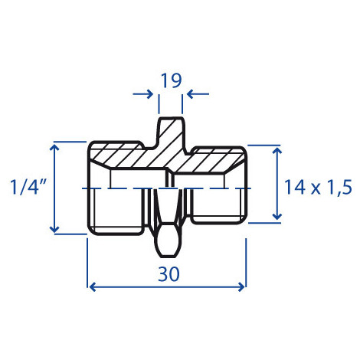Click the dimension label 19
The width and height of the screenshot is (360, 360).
click(x=171, y=80)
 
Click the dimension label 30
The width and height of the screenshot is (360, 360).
click(x=169, y=274)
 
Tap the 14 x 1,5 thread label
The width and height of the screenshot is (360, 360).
click(x=318, y=187)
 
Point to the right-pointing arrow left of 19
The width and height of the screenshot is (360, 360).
click(x=143, y=94)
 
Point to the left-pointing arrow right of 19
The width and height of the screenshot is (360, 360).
click(x=198, y=94)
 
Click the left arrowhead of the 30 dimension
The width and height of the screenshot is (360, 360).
click(x=93, y=287)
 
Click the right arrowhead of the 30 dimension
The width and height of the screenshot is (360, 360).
click(x=241, y=287)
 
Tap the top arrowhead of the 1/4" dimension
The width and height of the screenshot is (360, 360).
click(x=54, y=147)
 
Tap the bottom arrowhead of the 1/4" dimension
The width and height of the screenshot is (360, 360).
click(x=54, y=229)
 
